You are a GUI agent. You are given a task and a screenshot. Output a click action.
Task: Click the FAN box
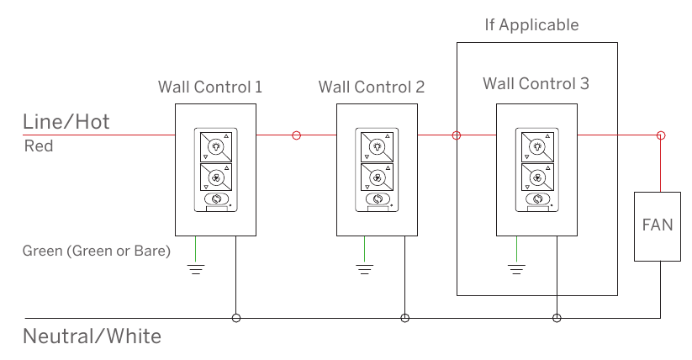point(658,226)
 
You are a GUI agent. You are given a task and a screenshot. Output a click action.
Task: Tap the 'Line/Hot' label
point(66,121)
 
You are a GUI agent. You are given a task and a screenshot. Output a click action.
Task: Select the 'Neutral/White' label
point(92,336)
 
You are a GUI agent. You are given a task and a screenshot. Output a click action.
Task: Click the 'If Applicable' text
point(531,24)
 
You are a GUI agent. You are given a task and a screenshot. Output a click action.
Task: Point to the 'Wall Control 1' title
point(210,87)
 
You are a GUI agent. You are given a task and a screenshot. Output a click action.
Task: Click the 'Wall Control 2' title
point(372,87)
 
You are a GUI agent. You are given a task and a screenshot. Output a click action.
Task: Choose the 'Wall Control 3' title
point(536,83)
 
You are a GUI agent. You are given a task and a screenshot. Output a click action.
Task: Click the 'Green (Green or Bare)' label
point(96,251)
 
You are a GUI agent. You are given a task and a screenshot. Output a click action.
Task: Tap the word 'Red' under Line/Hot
point(39,146)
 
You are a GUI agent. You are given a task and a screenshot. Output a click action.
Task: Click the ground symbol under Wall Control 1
point(196,269)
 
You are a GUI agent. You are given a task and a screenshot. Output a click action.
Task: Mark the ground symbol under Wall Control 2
point(365,269)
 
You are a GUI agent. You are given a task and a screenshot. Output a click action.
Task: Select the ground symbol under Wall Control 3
point(516,269)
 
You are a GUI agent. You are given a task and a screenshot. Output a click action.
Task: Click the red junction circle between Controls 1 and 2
point(297,135)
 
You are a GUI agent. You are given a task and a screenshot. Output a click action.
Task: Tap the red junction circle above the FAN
point(661,135)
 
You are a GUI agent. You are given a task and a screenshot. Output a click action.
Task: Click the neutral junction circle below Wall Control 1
point(236,318)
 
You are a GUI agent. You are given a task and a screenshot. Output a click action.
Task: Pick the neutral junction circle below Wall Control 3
point(557,318)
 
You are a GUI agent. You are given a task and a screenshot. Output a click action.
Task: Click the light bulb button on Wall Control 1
point(216,146)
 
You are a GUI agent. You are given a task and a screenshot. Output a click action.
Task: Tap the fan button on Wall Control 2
point(377,178)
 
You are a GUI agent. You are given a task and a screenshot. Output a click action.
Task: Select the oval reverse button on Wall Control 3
point(537,199)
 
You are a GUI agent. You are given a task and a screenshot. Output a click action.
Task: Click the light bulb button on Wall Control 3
point(537,146)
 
